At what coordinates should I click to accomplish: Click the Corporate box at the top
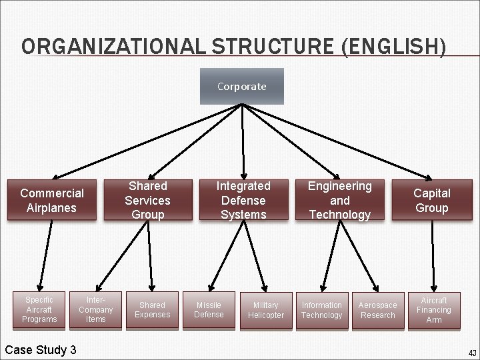pos(241,87)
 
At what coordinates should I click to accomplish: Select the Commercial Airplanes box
pos(52,200)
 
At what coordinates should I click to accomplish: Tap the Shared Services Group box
pos(148,200)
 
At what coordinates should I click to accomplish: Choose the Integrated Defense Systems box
pos(243,200)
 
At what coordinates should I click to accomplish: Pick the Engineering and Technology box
pos(339,200)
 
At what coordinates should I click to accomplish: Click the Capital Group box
pos(432,200)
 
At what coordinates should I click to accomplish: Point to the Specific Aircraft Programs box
pos(39,310)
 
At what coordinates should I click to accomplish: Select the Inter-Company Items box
pos(96,310)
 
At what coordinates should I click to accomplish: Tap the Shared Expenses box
pos(153,310)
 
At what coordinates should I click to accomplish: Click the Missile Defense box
pos(209,310)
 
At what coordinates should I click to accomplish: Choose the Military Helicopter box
pos(265,310)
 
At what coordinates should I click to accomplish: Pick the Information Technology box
pos(321,310)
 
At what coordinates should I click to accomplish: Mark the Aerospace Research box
pos(377,310)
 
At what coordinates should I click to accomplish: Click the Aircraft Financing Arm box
pos(434,310)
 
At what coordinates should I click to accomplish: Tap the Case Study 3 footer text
pos(41,350)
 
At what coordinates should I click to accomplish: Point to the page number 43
pos(472,353)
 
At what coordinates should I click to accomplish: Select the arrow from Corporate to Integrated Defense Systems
pos(243,140)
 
